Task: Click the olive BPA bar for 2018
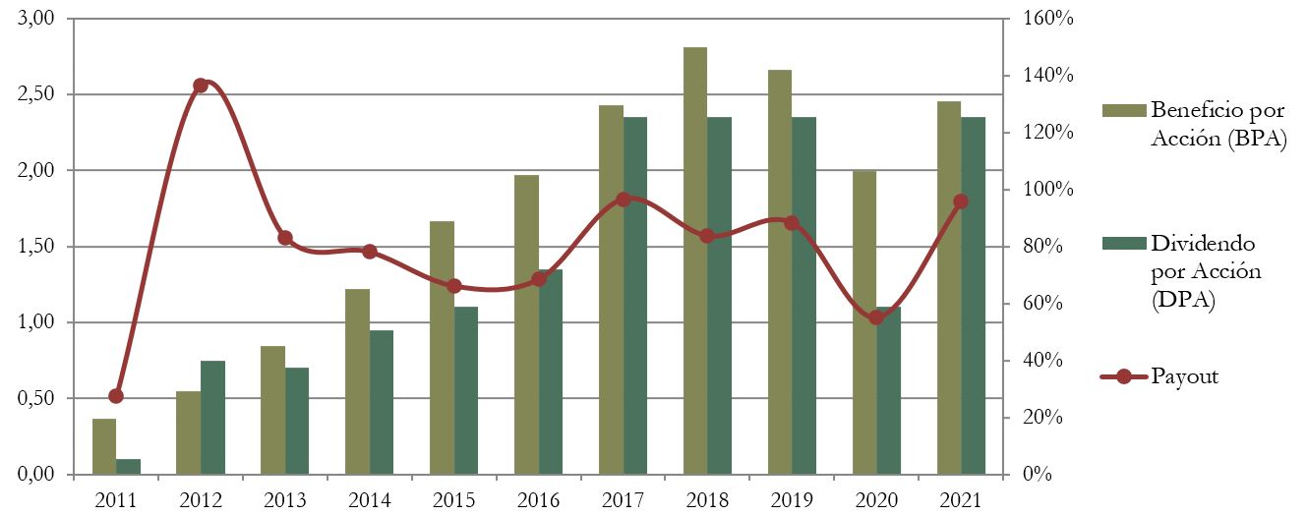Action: coord(695,260)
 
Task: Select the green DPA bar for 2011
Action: coord(129,467)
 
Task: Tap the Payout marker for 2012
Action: coord(201,86)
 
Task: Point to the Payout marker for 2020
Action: coord(876,317)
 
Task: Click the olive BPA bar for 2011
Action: coord(104,447)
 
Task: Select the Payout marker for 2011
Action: coord(116,396)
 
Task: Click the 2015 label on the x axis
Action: coord(453,500)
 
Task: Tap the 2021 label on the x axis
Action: coord(961,500)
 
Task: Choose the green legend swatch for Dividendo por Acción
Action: coord(1124,242)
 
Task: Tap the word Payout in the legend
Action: coord(1185,376)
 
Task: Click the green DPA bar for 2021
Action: coord(974,296)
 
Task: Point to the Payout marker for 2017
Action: coord(623,200)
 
